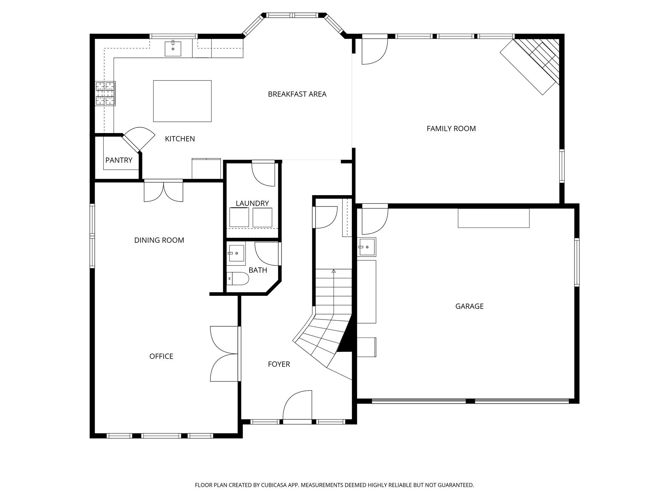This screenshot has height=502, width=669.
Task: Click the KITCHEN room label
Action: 180,139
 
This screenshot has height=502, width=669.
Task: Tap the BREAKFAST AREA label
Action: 297,94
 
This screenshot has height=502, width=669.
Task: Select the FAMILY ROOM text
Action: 451,129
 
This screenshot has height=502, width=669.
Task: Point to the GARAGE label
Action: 469,306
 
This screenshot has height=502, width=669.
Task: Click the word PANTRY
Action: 119,160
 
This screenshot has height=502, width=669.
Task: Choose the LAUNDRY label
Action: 252,203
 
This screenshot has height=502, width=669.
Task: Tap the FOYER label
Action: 279,364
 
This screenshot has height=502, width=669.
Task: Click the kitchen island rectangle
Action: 182,101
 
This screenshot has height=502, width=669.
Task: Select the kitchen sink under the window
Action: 173,48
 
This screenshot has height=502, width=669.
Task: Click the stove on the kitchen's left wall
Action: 105,93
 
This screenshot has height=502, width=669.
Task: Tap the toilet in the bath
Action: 238,278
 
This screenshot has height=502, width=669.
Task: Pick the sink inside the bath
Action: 236,253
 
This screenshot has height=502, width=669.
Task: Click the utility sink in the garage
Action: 367,247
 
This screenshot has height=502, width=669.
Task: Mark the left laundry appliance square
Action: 239,217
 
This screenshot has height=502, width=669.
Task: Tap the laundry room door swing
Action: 263,173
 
